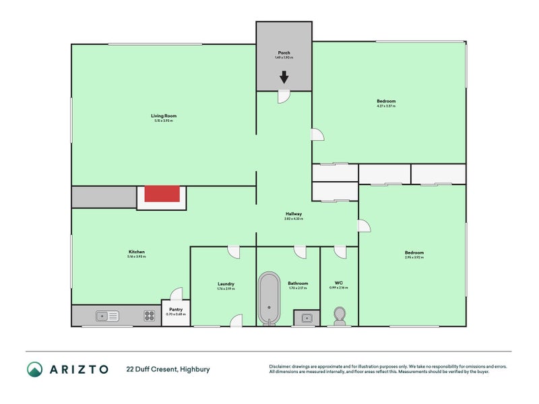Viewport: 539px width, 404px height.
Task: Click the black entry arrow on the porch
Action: (284, 77)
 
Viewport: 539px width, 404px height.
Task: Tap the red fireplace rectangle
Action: (162, 194)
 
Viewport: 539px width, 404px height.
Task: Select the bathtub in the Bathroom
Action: (269, 298)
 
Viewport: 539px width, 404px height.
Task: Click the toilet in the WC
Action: (340, 315)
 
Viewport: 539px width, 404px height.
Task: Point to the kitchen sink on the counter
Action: (107, 314)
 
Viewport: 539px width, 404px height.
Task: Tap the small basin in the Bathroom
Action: (307, 316)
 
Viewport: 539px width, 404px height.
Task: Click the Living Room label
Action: (163, 116)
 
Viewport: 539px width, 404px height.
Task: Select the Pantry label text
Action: (175, 310)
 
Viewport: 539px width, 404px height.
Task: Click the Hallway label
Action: (293, 213)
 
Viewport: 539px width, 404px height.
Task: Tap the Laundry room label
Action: (226, 283)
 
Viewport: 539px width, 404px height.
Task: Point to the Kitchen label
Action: (136, 252)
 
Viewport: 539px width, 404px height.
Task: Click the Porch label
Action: (284, 53)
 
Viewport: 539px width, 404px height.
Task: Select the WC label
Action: (339, 283)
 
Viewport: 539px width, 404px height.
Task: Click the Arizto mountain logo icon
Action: (34, 369)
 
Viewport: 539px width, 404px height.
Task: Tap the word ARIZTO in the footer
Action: (78, 369)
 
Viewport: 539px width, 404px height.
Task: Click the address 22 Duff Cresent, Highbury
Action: (169, 369)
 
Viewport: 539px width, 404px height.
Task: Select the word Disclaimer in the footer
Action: (280, 366)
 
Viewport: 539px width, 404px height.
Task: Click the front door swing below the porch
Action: (284, 98)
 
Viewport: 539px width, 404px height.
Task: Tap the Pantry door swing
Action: (177, 293)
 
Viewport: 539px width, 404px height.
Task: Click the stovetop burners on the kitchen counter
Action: (149, 314)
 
